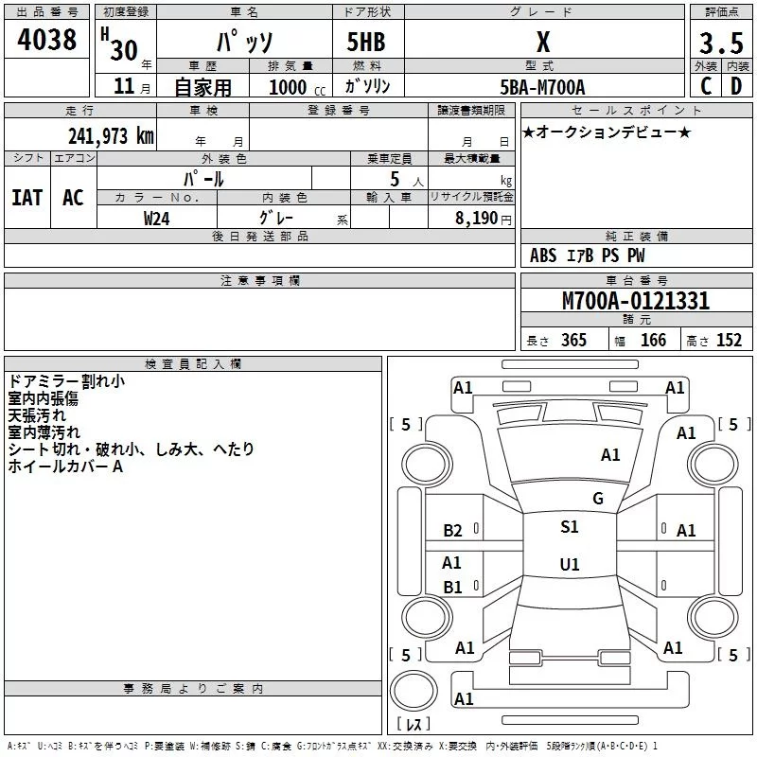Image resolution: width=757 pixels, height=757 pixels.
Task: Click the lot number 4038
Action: (47, 41)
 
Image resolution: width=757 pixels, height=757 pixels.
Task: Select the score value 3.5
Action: (720, 44)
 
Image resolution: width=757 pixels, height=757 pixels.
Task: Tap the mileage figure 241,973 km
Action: (110, 136)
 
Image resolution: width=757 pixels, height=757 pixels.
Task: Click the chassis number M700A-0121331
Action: (635, 301)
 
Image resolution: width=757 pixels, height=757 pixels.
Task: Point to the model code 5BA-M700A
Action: (542, 86)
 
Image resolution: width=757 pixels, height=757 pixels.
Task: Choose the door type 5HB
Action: (365, 42)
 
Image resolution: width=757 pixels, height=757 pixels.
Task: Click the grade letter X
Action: (542, 42)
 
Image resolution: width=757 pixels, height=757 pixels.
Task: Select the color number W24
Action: (157, 218)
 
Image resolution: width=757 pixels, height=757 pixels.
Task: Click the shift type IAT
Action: (27, 197)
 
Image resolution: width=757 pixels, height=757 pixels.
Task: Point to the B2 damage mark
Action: (452, 531)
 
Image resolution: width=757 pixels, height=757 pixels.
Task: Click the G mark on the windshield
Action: (597, 499)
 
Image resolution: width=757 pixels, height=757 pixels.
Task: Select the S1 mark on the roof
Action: (569, 527)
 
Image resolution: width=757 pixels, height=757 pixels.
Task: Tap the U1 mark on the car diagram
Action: (569, 565)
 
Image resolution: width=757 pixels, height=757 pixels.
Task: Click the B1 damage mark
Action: (452, 588)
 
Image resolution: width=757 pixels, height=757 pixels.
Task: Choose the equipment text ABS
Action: (543, 255)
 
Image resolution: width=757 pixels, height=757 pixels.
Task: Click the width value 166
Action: (653, 341)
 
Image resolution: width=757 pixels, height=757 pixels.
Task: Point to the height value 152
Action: (729, 341)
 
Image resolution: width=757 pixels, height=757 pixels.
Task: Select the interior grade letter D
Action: (735, 85)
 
